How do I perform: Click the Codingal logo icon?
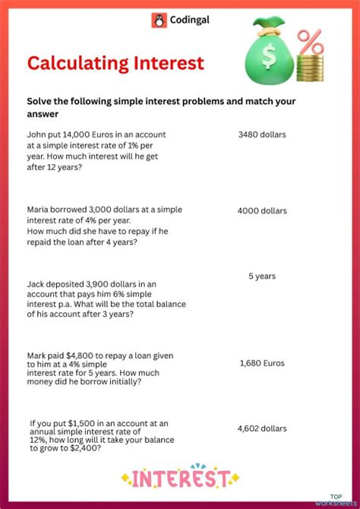pyautogui.click(x=159, y=21)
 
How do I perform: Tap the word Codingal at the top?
pyautogui.click(x=190, y=21)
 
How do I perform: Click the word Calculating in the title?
pyautogui.click(x=76, y=63)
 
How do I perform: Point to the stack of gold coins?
pyautogui.click(x=308, y=71)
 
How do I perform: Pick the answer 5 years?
pyautogui.click(x=262, y=277)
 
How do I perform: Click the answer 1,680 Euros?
pyautogui.click(x=262, y=363)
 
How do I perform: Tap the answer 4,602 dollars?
pyautogui.click(x=262, y=428)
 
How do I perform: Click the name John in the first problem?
pyautogui.click(x=37, y=134)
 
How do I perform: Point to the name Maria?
pyautogui.click(x=39, y=209)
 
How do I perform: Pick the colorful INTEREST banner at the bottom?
pyautogui.click(x=179, y=478)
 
